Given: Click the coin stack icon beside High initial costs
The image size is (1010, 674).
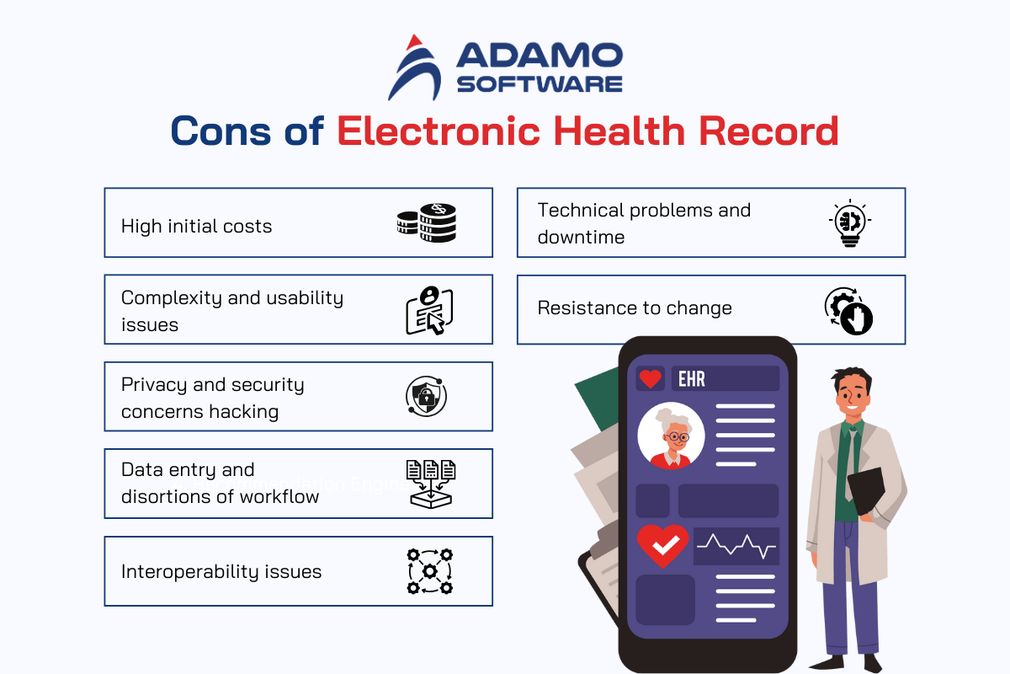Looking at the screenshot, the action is point(427,222).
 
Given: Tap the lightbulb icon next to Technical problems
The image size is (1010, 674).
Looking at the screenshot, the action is point(850,223).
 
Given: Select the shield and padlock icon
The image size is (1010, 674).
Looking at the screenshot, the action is point(426,396).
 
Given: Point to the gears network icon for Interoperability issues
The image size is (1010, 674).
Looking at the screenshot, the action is point(430,571).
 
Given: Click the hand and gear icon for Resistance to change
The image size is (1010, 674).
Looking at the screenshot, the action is point(848,311).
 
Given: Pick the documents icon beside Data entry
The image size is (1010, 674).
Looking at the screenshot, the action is point(431,484).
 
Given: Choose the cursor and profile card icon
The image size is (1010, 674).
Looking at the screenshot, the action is point(429,310).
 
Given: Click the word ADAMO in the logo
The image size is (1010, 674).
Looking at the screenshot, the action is point(540,56).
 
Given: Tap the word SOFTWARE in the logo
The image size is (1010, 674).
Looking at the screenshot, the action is point(540,84).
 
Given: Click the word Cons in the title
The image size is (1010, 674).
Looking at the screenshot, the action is point(221,131).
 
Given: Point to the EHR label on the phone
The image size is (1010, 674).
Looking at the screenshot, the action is point(692,379).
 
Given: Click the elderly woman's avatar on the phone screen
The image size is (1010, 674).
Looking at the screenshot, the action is point(671,436).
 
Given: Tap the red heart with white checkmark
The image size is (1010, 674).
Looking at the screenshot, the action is point(662,545).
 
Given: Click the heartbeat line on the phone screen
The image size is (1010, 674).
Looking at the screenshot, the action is point(736,546).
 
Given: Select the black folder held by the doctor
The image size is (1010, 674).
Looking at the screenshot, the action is point(866,490).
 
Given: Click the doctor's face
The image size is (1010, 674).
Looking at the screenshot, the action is point(852,394).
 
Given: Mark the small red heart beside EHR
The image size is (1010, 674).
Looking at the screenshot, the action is point(650,378).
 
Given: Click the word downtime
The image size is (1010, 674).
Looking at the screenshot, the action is point(581,237).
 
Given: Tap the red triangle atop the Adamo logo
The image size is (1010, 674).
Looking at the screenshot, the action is point(413,42).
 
